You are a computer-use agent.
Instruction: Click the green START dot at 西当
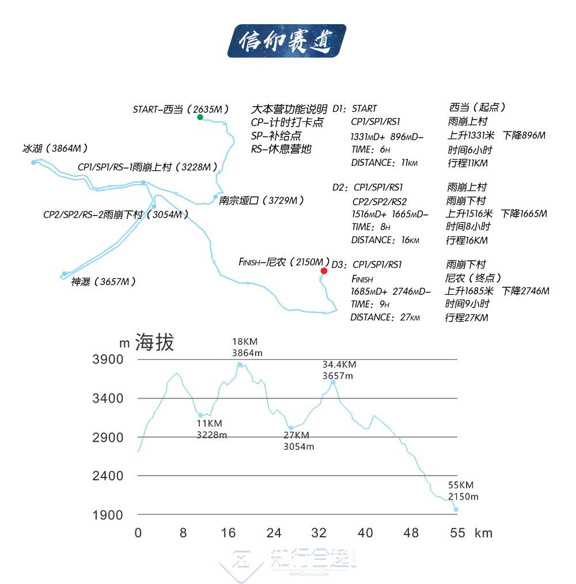click(200, 117)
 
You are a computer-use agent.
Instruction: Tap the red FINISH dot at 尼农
click(324, 271)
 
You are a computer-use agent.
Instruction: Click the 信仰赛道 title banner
click(286, 40)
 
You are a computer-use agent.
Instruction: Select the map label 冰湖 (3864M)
click(55, 148)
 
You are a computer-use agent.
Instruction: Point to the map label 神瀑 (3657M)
click(103, 282)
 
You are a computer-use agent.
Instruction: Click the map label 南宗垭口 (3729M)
click(261, 201)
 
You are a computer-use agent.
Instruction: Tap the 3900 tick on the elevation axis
click(108, 359)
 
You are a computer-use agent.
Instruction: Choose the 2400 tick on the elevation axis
click(108, 476)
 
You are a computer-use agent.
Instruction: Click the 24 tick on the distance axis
click(274, 533)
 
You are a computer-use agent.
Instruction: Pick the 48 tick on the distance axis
click(411, 533)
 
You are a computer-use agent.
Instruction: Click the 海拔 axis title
click(154, 342)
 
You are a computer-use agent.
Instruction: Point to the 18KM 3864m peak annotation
click(247, 347)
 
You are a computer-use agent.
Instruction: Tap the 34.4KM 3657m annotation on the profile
click(339, 370)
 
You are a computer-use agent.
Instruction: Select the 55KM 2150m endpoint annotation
click(463, 491)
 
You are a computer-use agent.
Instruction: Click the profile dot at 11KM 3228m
click(200, 415)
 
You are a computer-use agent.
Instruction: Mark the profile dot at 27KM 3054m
click(291, 428)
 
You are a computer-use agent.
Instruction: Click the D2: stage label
click(340, 187)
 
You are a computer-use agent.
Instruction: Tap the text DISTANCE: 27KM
click(385, 317)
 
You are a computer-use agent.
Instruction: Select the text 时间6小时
click(470, 150)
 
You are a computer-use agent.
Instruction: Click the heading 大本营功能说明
click(289, 109)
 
